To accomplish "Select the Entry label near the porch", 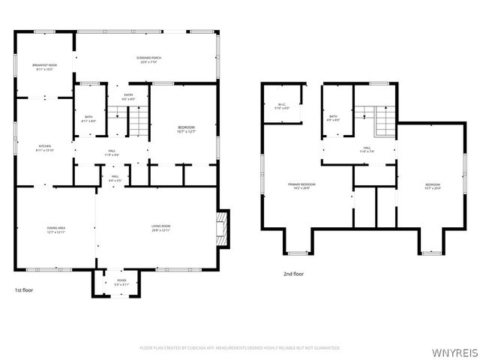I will pyautogui.click(x=129, y=97).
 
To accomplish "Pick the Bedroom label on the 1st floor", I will pyautogui.click(x=186, y=130).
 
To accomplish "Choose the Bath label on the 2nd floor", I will pyautogui.click(x=333, y=118).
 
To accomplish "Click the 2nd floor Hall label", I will pyautogui.click(x=367, y=150).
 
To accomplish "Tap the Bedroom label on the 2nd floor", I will pyautogui.click(x=433, y=186).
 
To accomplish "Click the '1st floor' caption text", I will pyautogui.click(x=24, y=289).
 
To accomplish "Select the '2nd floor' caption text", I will pyautogui.click(x=293, y=274).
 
